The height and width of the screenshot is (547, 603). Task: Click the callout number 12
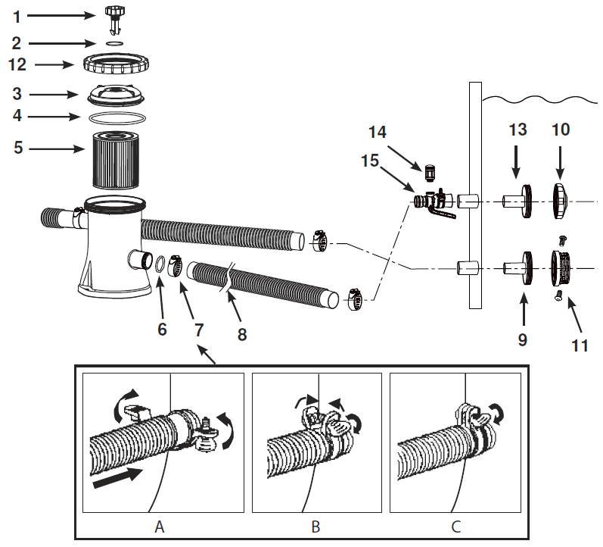[x=17, y=65]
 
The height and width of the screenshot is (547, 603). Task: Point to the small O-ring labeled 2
[x=113, y=44]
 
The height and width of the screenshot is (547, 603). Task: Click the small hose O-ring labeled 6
[x=161, y=264]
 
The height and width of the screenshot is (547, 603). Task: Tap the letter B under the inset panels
[x=315, y=525]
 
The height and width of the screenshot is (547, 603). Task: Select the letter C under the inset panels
[x=457, y=525]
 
